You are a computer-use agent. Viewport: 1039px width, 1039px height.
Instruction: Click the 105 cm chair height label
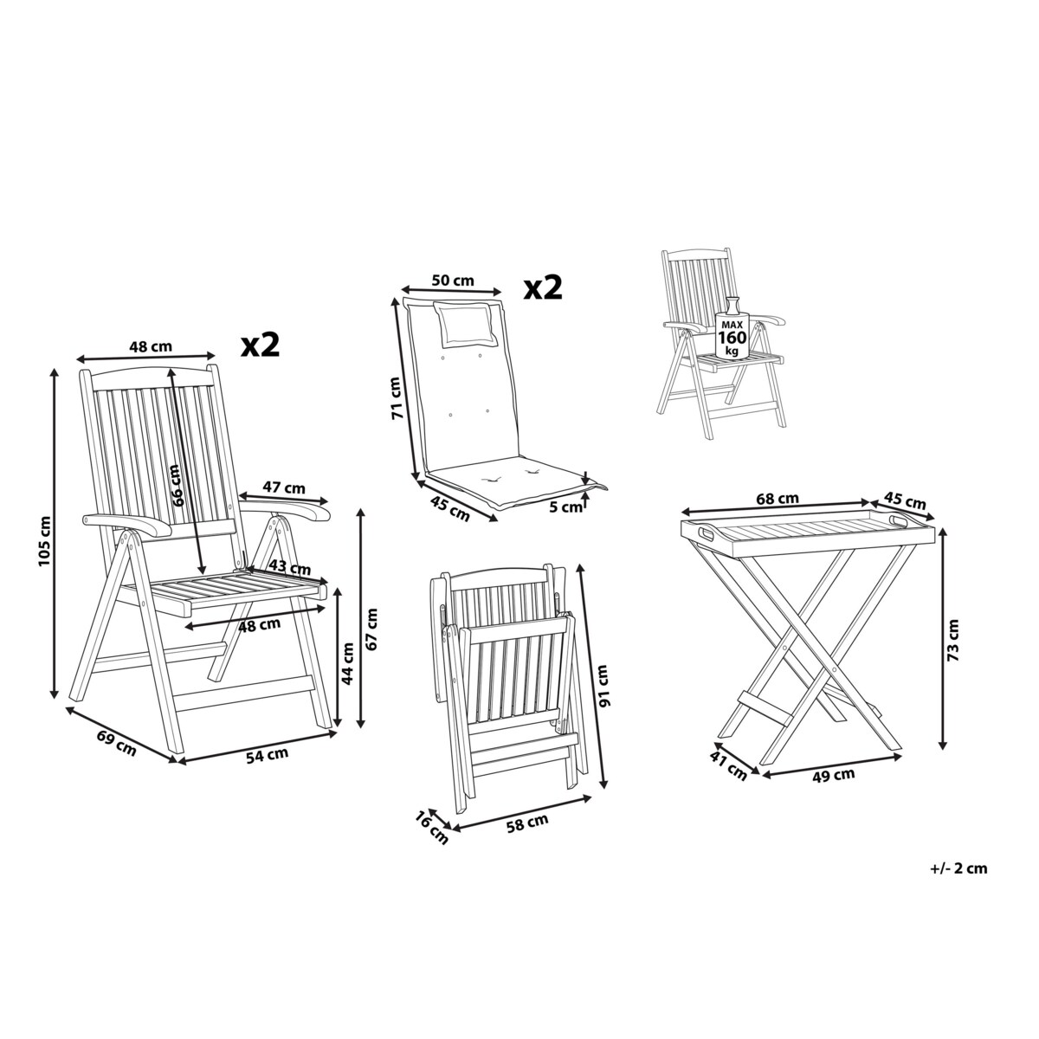(x=44, y=541)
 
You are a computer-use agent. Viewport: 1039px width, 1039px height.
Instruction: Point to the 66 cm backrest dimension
(x=177, y=485)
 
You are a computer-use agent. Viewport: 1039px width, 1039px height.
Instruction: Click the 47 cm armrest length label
(x=284, y=488)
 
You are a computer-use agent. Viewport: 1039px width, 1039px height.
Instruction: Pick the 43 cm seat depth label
(x=289, y=568)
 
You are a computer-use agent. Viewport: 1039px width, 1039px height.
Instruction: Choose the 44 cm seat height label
(x=348, y=663)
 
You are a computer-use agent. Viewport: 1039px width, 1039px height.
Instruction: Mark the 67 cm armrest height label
(x=371, y=628)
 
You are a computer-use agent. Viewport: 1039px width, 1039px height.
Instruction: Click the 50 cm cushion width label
(x=452, y=281)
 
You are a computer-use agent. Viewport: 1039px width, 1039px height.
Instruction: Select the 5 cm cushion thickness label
(x=566, y=507)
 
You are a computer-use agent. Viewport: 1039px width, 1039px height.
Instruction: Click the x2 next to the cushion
(x=544, y=287)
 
